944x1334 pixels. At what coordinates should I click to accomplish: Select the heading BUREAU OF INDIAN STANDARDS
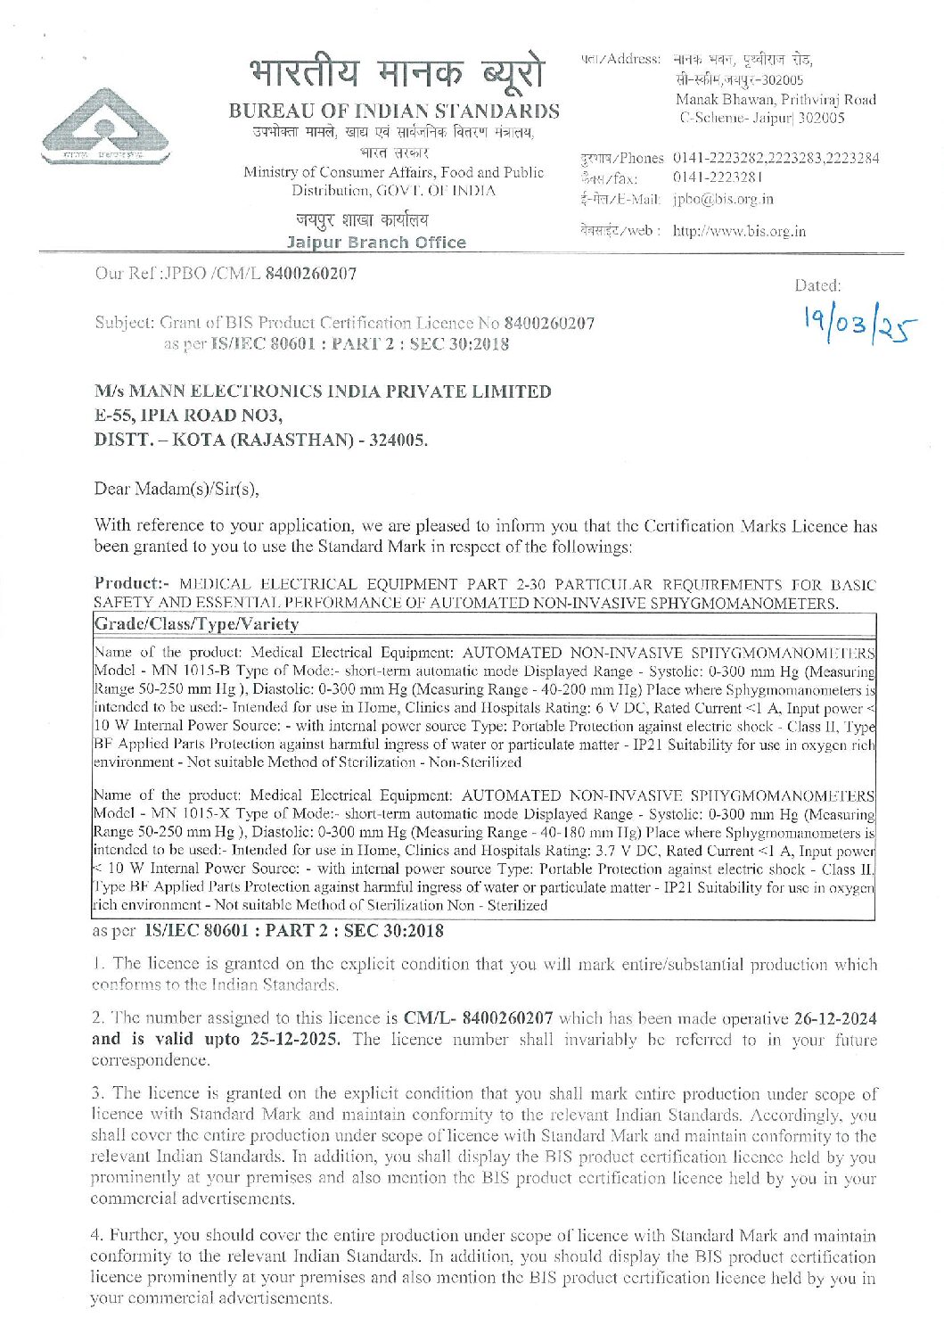click(x=394, y=111)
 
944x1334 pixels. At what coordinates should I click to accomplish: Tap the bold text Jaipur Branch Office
click(x=376, y=243)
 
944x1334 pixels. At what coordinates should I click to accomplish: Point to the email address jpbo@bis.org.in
click(x=723, y=199)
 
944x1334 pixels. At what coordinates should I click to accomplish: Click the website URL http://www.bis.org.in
click(x=739, y=231)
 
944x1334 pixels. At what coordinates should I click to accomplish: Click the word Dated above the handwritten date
click(x=817, y=286)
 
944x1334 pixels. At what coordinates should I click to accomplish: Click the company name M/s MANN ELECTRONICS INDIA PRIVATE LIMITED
click(x=323, y=391)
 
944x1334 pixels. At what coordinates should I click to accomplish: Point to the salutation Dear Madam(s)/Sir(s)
click(x=176, y=488)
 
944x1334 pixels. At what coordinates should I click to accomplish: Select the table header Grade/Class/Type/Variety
click(x=196, y=623)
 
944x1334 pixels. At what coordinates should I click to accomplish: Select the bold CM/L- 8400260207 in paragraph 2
click(x=479, y=1018)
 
